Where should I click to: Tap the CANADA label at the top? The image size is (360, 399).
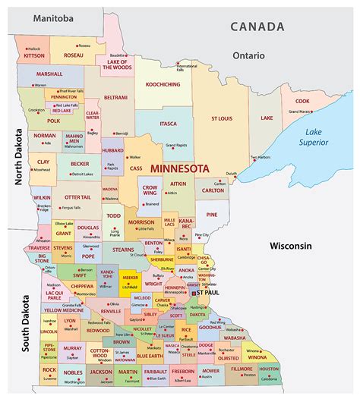(x=259, y=27)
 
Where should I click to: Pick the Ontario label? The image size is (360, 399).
(x=248, y=55)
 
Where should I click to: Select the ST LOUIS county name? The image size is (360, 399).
(x=223, y=118)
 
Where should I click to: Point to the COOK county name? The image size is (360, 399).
(x=302, y=101)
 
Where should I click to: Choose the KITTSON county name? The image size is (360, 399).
(x=35, y=55)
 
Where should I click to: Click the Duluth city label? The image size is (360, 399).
(x=231, y=174)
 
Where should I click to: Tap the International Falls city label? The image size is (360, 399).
(x=186, y=68)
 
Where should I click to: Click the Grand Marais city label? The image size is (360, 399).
(x=300, y=112)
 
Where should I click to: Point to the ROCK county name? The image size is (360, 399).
(x=49, y=369)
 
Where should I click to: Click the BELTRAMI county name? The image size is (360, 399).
(x=116, y=98)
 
